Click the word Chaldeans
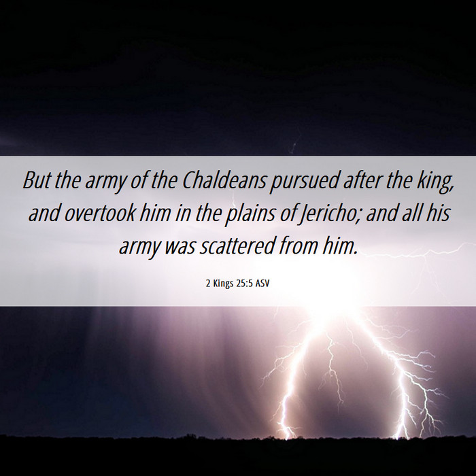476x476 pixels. (x=224, y=180)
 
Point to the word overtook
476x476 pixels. (x=100, y=213)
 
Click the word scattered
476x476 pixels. (x=237, y=246)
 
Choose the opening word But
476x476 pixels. (x=37, y=180)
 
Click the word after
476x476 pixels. (x=362, y=180)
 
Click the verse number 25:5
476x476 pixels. (x=244, y=284)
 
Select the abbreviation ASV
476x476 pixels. (x=262, y=284)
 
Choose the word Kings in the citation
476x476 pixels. (x=223, y=284)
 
